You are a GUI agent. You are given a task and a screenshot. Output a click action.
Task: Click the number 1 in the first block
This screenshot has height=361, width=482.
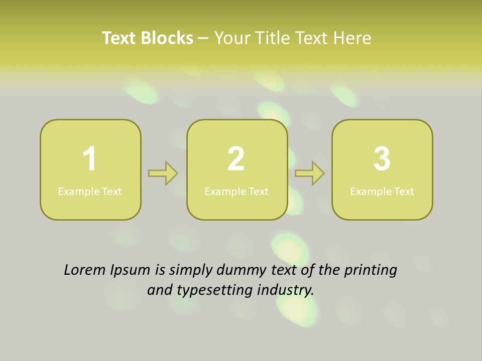[x=89, y=159]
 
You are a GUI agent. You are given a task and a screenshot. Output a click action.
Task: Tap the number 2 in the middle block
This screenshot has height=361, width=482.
[x=236, y=159]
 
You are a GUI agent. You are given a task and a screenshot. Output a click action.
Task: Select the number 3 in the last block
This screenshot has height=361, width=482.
[x=382, y=159]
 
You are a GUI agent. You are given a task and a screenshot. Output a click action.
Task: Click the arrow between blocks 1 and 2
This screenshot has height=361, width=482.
[x=163, y=173]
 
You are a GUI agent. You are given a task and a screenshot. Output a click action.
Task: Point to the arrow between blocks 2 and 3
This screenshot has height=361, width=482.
[x=310, y=173]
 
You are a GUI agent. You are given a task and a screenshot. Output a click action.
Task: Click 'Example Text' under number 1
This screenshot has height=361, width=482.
[x=90, y=192]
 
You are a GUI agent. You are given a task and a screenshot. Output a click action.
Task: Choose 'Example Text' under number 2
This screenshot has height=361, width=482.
[x=236, y=192]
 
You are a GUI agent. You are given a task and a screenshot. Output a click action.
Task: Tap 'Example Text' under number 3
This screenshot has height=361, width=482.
[x=382, y=192]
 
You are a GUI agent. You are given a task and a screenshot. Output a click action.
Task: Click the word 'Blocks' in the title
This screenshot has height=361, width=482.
[x=167, y=38]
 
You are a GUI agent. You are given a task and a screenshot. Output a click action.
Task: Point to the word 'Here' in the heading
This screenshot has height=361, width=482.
[x=353, y=38]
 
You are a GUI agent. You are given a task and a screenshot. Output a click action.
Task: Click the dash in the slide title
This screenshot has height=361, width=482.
[x=203, y=38]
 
